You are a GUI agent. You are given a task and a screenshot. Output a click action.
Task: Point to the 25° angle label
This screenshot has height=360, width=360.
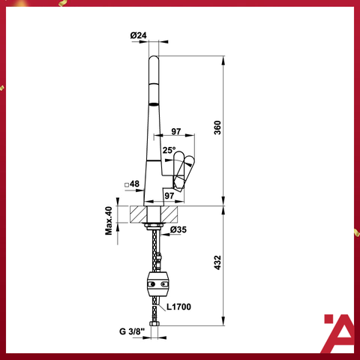[169, 150]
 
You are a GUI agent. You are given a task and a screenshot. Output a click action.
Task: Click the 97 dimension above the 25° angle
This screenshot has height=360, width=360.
[176, 131]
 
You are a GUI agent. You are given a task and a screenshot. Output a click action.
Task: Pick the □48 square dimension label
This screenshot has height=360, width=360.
[132, 184]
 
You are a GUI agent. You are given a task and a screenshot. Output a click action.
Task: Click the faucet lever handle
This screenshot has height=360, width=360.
[182, 170]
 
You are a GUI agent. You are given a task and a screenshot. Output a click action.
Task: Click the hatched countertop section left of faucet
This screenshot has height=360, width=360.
[136, 214]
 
